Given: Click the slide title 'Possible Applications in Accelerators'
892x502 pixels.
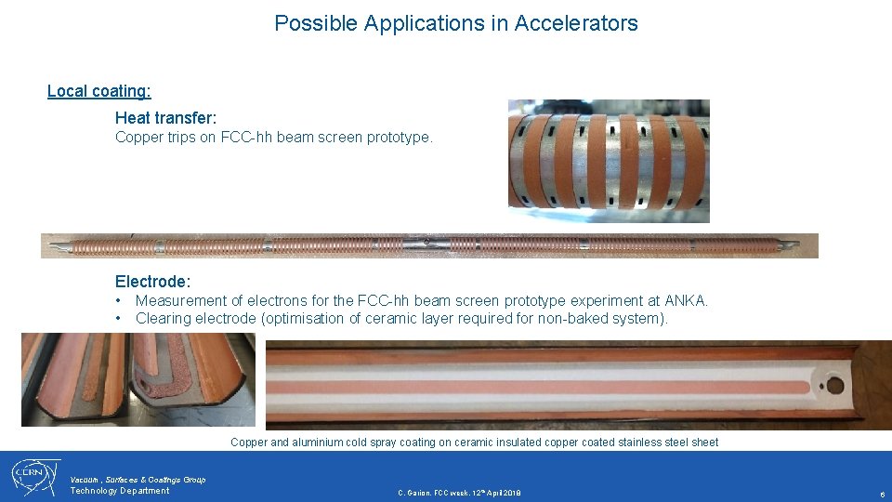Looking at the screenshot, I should [x=455, y=23].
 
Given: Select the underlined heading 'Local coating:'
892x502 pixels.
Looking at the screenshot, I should [x=99, y=91].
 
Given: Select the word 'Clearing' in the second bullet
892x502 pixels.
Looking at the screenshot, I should [x=164, y=318].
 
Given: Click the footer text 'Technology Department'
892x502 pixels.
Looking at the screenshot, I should [x=120, y=491].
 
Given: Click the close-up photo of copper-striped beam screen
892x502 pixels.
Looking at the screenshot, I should [x=609, y=161].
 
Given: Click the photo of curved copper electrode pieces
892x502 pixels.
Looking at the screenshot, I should [x=138, y=379].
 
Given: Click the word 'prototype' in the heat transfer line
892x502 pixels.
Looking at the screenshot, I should [x=400, y=138].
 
